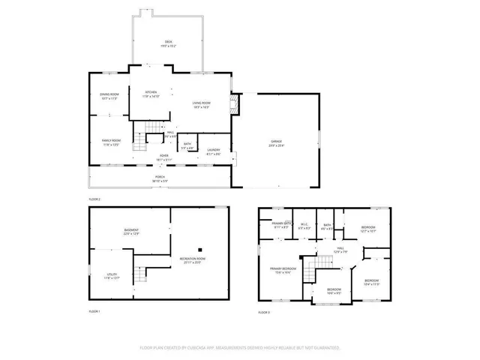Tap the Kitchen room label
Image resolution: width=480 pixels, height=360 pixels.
tap(151, 93)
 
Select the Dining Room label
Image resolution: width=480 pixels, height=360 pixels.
tap(109, 95)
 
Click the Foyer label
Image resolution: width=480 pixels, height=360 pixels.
tap(163, 156)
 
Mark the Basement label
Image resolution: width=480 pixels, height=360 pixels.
tap(132, 230)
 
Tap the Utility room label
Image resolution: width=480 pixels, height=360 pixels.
tap(111, 276)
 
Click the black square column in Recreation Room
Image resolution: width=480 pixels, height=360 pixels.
tap(200, 249)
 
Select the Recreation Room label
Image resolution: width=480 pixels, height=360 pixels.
tap(191, 259)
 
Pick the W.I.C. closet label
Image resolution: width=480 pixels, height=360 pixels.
tap(304, 223)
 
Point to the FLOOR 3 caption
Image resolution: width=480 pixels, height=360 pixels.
tap(263, 310)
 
